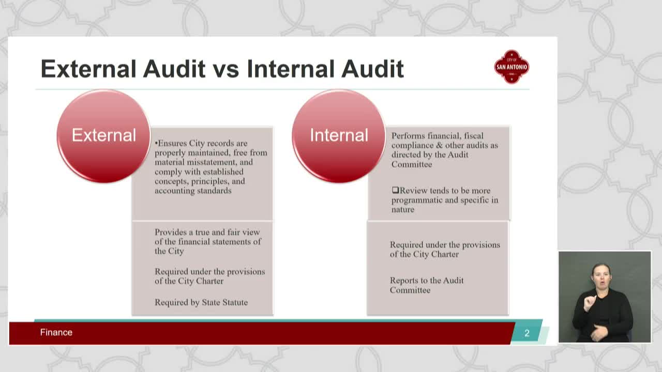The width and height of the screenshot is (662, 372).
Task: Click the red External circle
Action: click(x=103, y=136)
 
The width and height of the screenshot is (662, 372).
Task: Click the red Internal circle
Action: click(x=339, y=136)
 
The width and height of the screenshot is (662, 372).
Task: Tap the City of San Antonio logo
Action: click(x=511, y=67)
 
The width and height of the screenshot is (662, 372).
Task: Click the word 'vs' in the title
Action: click(x=226, y=69)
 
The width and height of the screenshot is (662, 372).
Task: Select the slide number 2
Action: click(x=527, y=333)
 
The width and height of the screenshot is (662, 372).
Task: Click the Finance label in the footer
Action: click(x=56, y=332)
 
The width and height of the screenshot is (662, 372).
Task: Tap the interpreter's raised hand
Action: click(x=590, y=302)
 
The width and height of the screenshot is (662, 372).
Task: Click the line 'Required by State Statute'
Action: click(x=201, y=302)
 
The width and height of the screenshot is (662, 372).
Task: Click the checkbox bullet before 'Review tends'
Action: click(x=395, y=191)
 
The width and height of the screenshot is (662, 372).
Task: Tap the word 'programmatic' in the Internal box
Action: click(x=416, y=200)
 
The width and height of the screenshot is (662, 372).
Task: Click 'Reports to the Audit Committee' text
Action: click(x=426, y=285)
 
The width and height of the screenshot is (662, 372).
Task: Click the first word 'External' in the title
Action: click(x=88, y=69)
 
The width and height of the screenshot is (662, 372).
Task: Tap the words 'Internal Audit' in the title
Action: click(x=325, y=69)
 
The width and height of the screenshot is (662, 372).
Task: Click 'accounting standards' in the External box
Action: click(x=193, y=191)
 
